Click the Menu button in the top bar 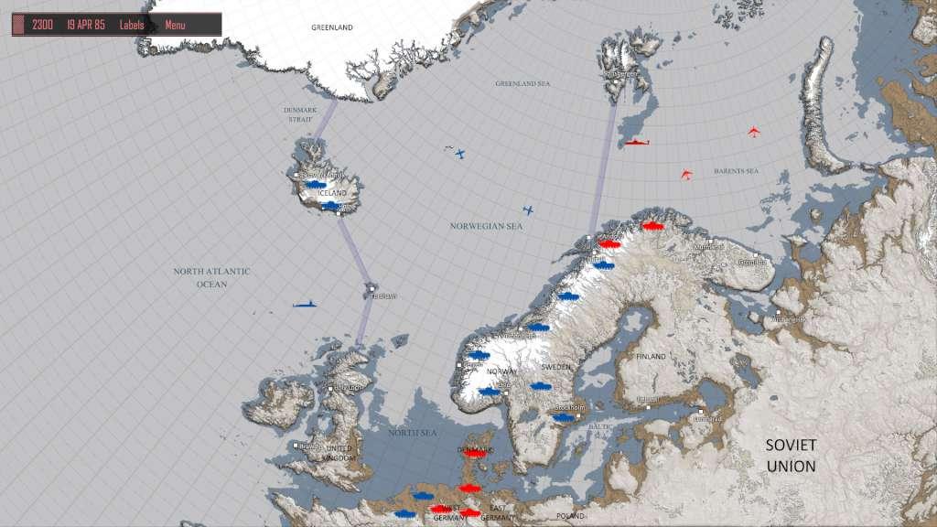coord(175,25)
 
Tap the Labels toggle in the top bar coord(132,25)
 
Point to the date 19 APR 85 coord(85,25)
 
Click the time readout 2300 coord(42,25)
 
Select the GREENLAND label coord(331,27)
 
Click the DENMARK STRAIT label coord(299,113)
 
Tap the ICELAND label coord(331,193)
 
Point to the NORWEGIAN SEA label coord(486,225)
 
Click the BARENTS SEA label coord(738,171)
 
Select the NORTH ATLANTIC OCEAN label coord(211,277)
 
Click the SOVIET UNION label coord(792,455)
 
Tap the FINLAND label coord(652,355)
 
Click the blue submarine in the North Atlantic coord(305,304)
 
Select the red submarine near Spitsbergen coord(637,144)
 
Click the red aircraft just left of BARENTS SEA coord(686,174)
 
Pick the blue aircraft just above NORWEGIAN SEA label coord(528,210)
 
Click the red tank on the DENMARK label coord(474,452)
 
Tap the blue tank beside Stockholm coord(562,417)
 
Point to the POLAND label coord(571,516)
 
